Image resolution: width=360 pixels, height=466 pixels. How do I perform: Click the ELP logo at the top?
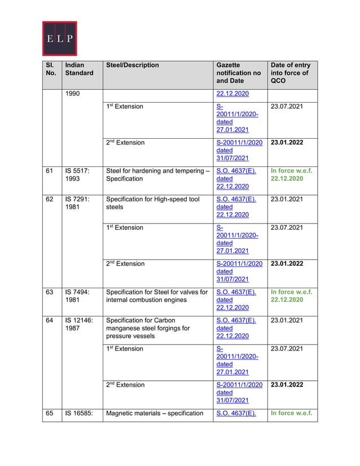tap(59, 38)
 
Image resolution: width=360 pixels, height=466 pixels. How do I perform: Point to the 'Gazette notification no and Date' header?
tap(238, 73)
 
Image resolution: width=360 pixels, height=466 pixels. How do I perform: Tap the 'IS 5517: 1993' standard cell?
tap(77, 174)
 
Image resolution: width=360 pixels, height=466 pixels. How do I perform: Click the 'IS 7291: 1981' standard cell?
tap(77, 203)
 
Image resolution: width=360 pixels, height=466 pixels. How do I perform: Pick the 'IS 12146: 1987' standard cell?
tap(78, 324)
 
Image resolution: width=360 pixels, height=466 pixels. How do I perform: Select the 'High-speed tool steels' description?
tap(152, 203)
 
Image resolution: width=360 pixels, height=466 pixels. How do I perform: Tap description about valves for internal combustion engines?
tap(157, 296)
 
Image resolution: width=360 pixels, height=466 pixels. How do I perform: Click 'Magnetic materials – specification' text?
tap(155, 413)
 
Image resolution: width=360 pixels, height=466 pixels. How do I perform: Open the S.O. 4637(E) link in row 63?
tap(236, 292)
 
